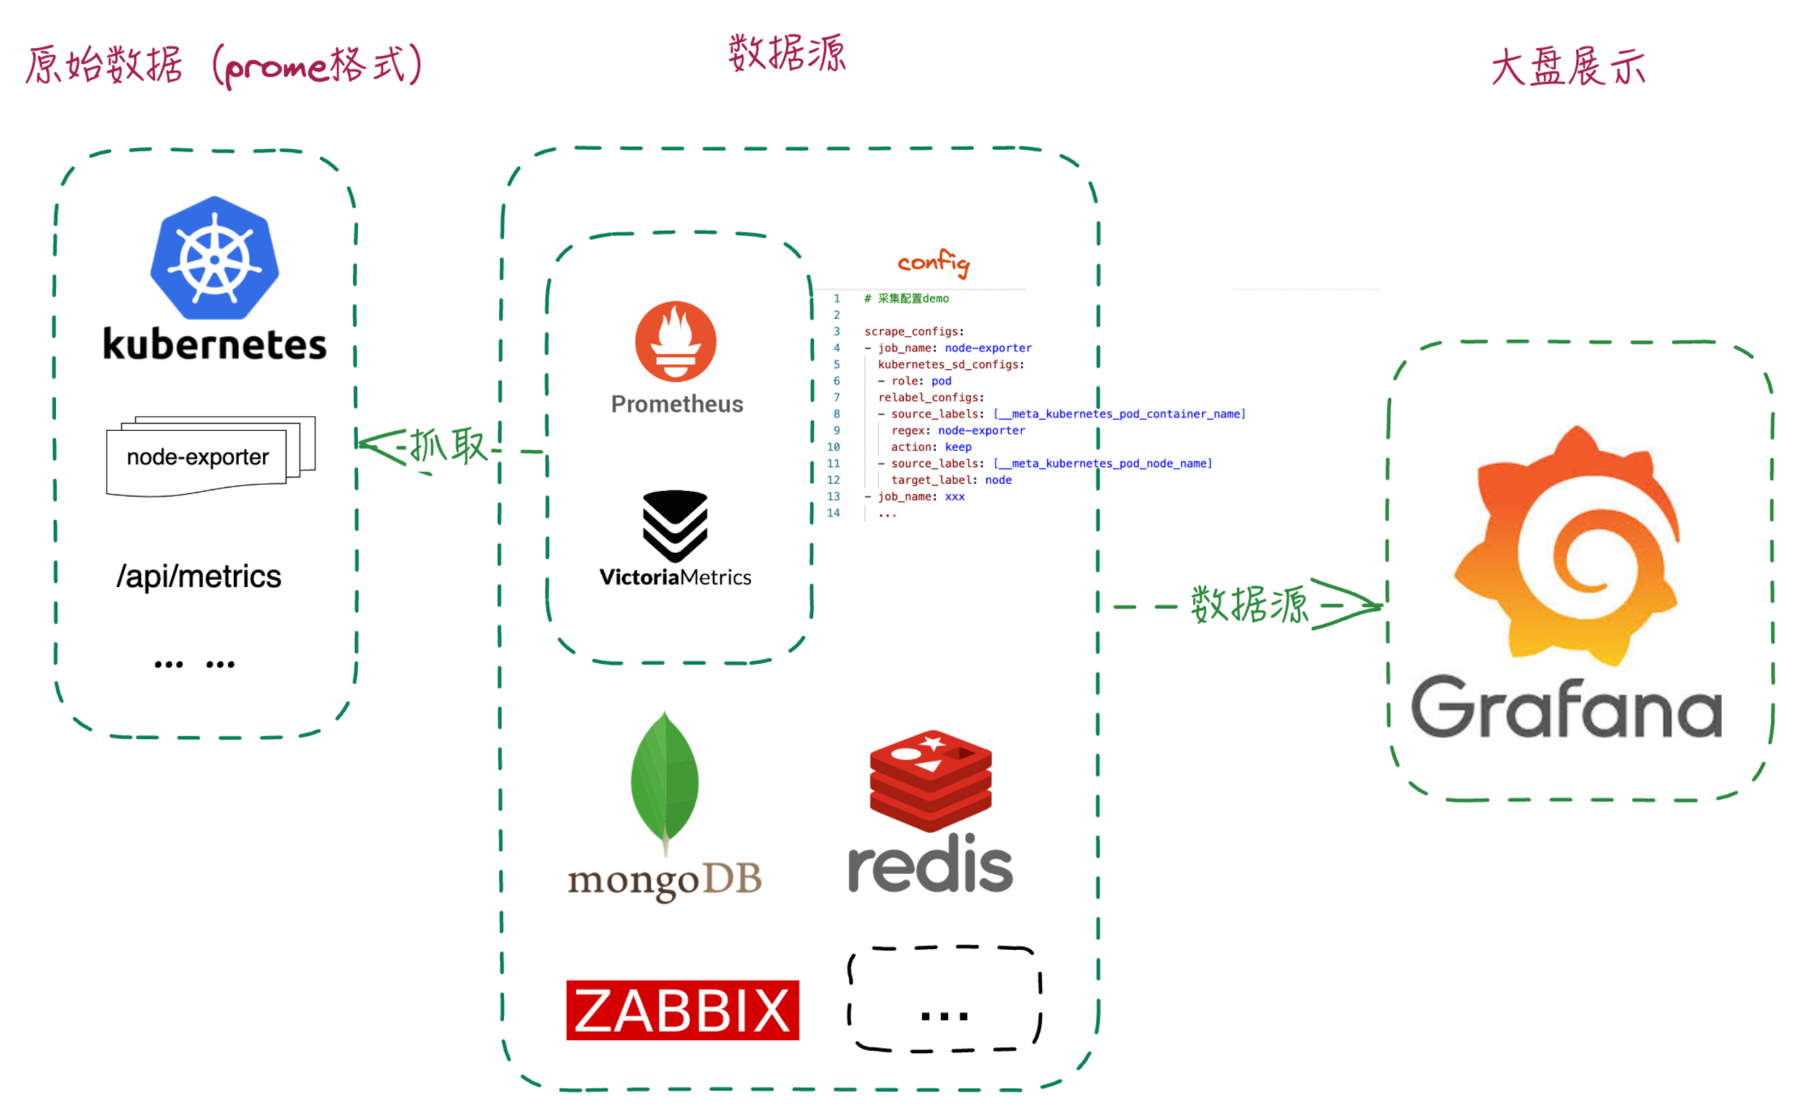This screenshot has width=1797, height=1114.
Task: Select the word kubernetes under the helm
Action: tap(214, 345)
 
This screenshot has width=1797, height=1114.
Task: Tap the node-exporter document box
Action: tap(197, 458)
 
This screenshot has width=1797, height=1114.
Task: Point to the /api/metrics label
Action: tap(198, 577)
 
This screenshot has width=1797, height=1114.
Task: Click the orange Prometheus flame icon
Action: tap(675, 341)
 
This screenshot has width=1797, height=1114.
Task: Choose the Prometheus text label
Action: tap(676, 404)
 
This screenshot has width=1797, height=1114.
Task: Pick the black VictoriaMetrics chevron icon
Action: tap(675, 525)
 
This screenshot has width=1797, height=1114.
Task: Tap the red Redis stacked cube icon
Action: tap(930, 780)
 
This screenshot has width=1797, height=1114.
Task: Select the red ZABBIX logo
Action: tap(682, 1010)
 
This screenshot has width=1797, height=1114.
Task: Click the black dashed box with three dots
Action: tap(944, 999)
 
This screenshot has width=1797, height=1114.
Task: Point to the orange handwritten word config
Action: tap(933, 263)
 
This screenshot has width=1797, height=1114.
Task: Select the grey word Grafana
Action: tap(1565, 708)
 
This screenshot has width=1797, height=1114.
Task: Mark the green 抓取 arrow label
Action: tap(448, 446)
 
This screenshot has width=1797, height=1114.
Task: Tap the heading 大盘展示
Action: tap(1568, 67)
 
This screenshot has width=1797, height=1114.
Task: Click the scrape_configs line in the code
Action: tap(914, 331)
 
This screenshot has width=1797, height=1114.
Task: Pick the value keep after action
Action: tap(958, 447)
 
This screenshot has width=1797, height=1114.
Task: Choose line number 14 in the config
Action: tap(833, 513)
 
